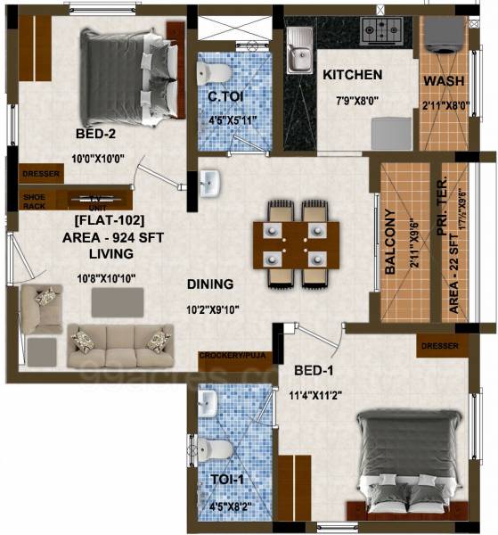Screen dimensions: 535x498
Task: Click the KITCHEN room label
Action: [352, 75]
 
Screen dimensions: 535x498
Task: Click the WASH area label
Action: [443, 81]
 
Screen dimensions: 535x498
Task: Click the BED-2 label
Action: [96, 136]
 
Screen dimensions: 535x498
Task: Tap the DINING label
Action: [209, 284]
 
